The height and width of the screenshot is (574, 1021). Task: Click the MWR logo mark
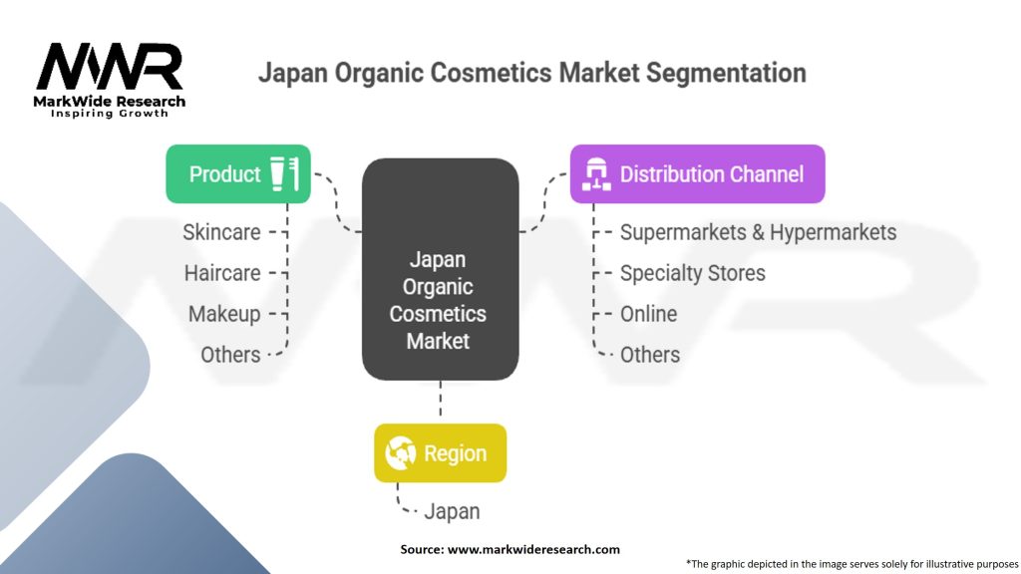(110, 67)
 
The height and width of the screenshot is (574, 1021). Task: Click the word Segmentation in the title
(726, 73)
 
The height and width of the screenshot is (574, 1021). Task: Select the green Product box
(238, 173)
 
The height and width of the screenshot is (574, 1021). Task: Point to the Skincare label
(221, 232)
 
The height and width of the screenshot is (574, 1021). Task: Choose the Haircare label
(222, 273)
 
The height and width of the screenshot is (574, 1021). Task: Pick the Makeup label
(224, 314)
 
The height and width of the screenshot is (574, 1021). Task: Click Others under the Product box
(230, 355)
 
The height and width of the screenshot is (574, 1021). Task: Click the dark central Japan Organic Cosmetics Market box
(440, 269)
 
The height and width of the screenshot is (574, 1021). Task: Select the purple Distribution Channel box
(697, 173)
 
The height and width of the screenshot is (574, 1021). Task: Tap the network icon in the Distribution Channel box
(596, 173)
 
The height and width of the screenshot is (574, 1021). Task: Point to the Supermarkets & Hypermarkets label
(758, 232)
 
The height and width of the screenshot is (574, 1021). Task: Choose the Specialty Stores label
(692, 273)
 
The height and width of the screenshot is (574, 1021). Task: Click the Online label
(648, 314)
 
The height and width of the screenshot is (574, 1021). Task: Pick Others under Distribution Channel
(650, 355)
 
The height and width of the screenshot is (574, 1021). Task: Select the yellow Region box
(440, 453)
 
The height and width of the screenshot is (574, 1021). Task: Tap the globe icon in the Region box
(401, 453)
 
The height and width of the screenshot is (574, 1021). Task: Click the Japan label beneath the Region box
(452, 511)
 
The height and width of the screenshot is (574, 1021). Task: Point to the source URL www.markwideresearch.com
(533, 549)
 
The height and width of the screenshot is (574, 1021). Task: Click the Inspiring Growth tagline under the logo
(110, 114)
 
